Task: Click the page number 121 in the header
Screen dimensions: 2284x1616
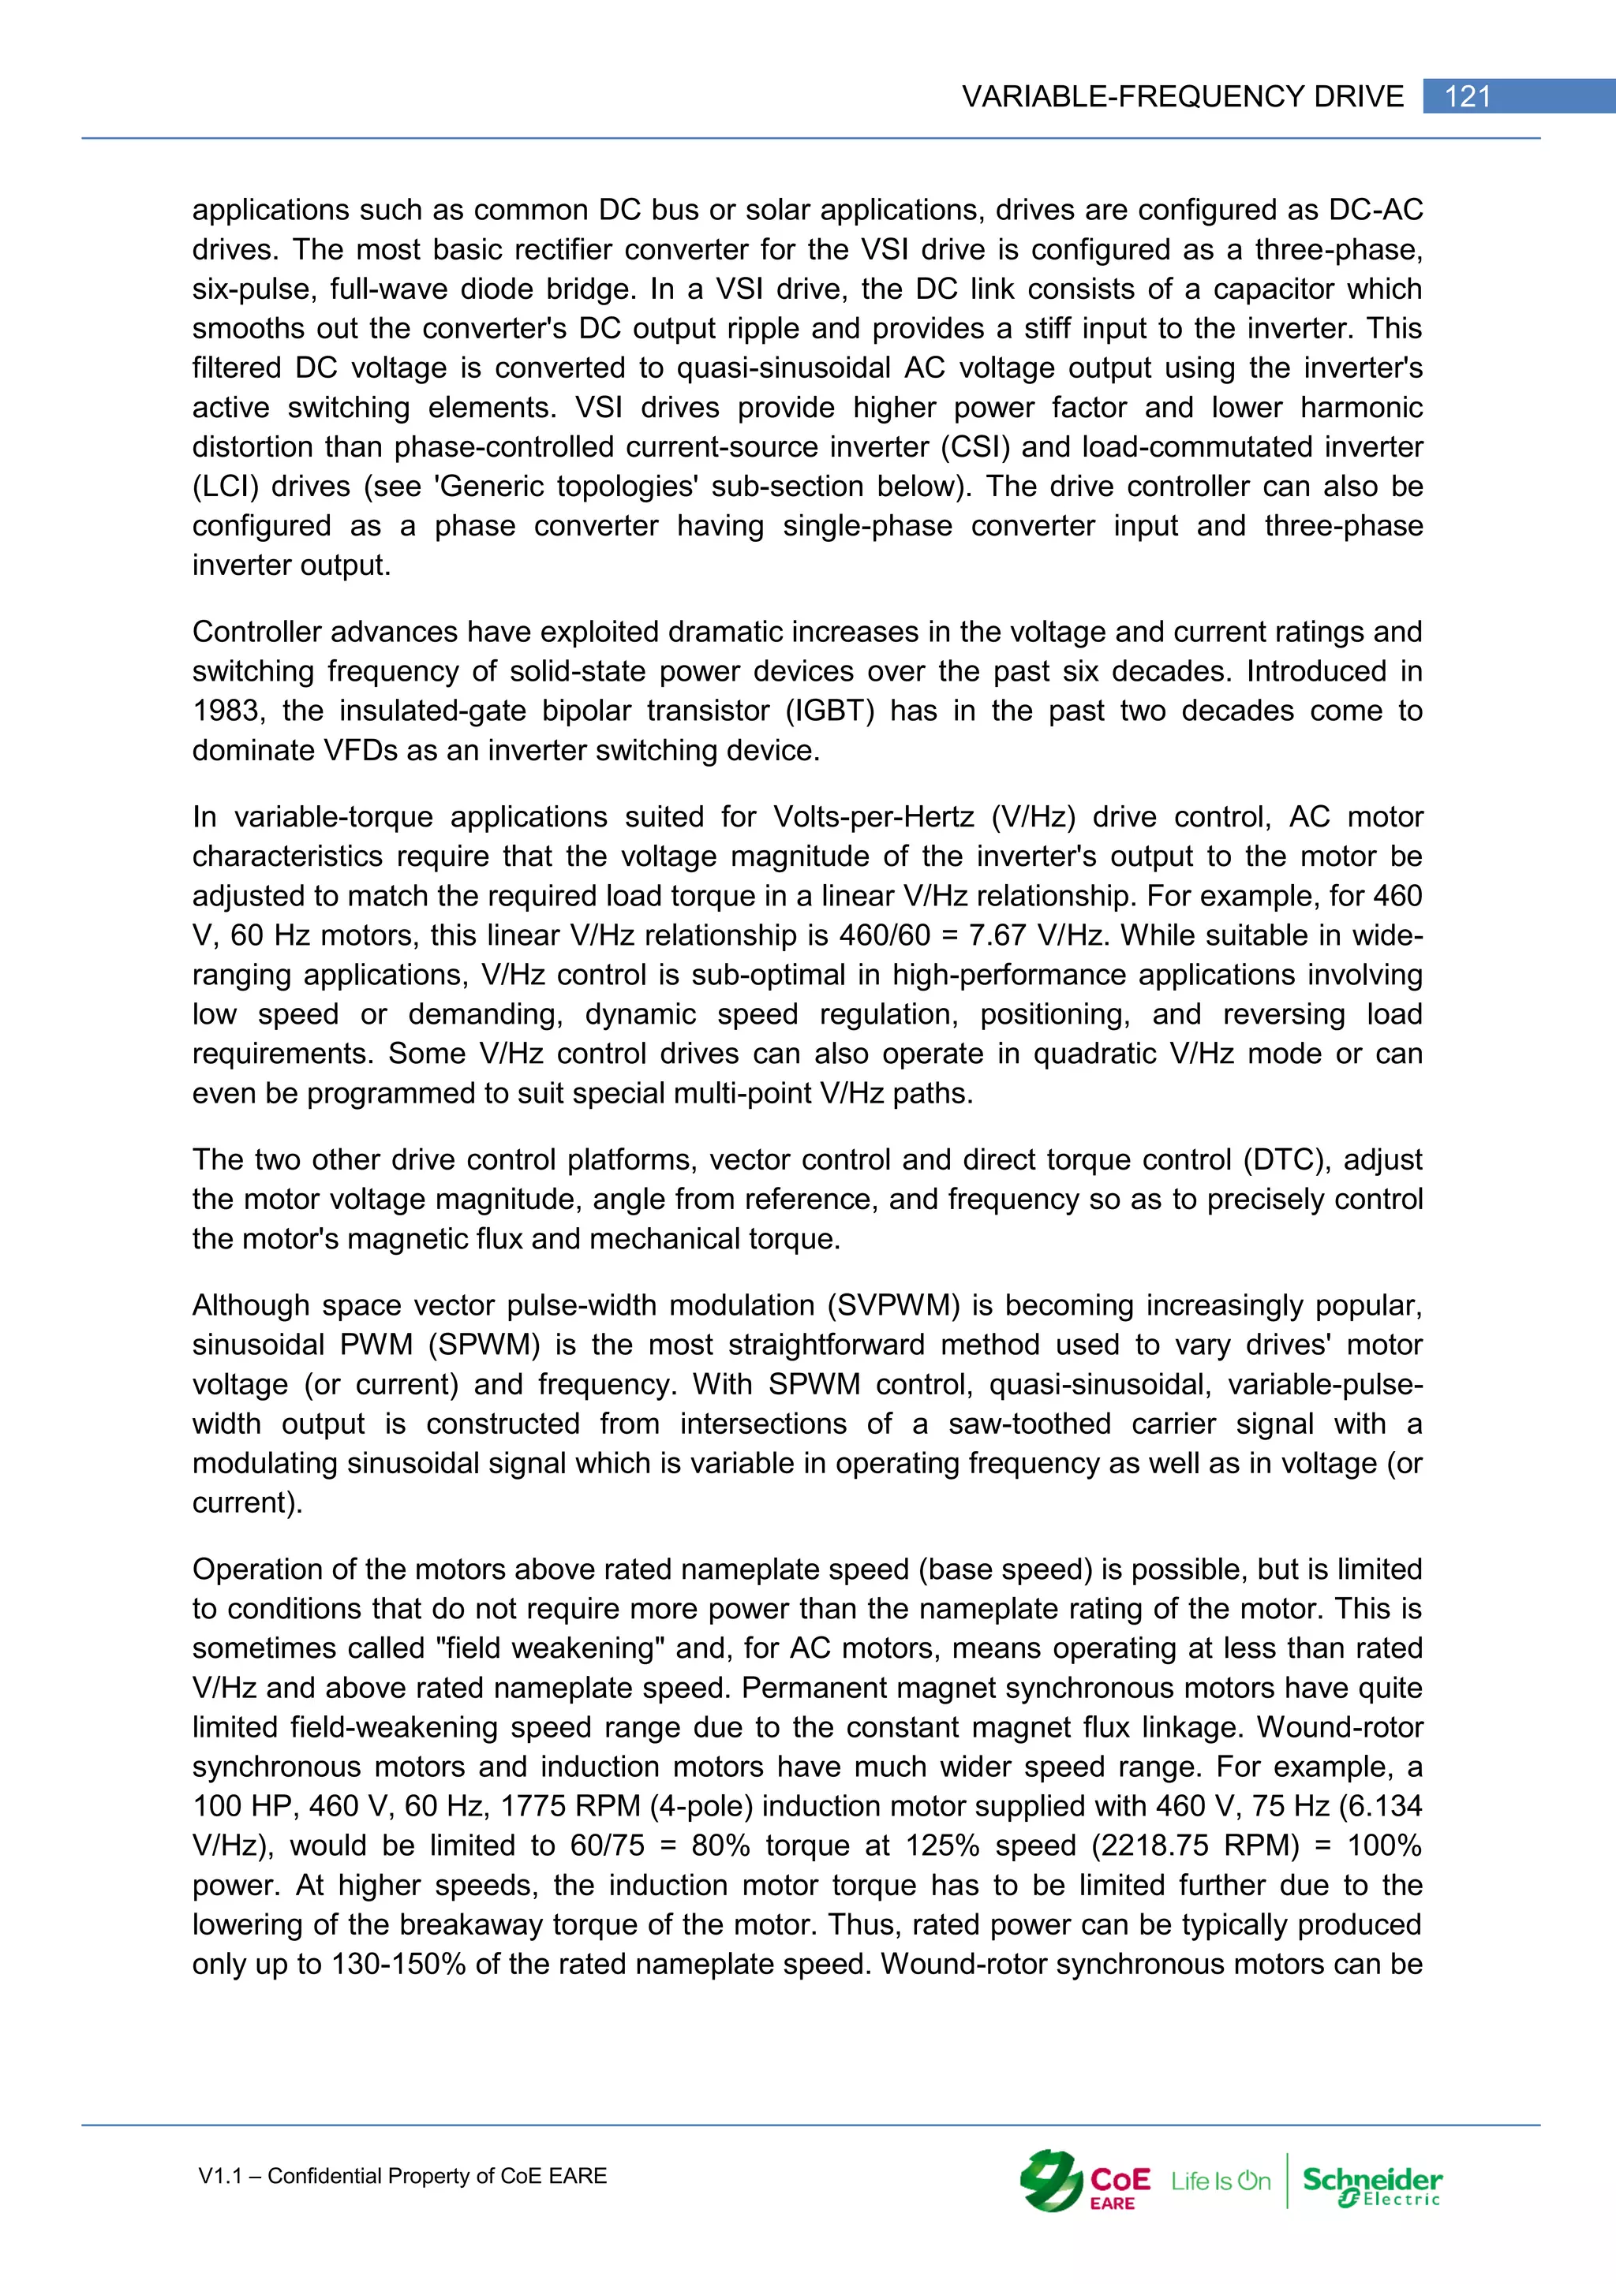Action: pos(1467,96)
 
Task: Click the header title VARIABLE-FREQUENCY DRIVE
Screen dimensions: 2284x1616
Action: pos(1182,96)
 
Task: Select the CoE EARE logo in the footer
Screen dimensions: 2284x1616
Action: pos(1085,2181)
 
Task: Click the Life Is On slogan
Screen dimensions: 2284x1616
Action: pos(1220,2181)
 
